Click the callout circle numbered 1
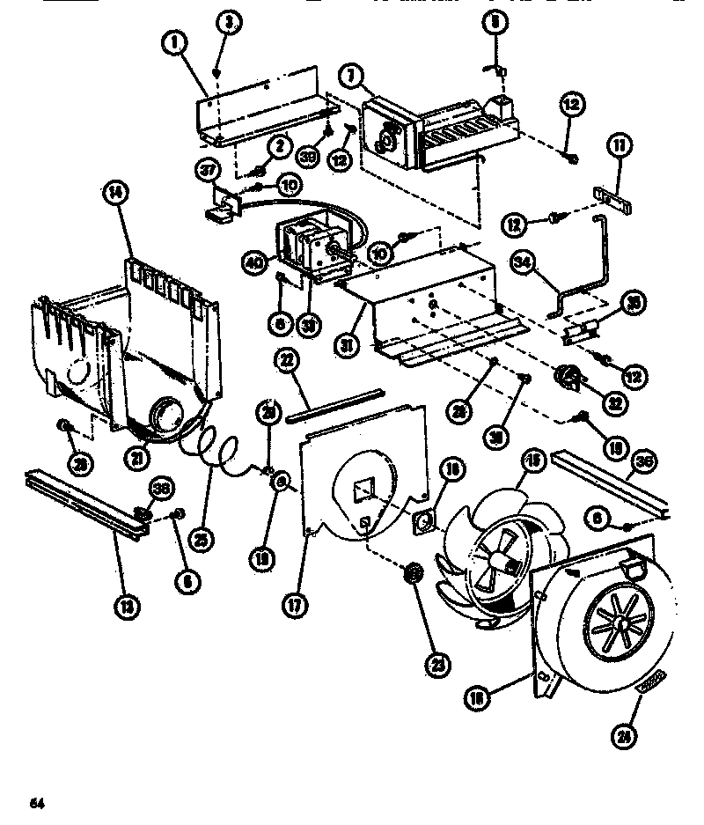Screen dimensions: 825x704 click(x=174, y=41)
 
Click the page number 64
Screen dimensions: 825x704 click(x=36, y=802)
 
